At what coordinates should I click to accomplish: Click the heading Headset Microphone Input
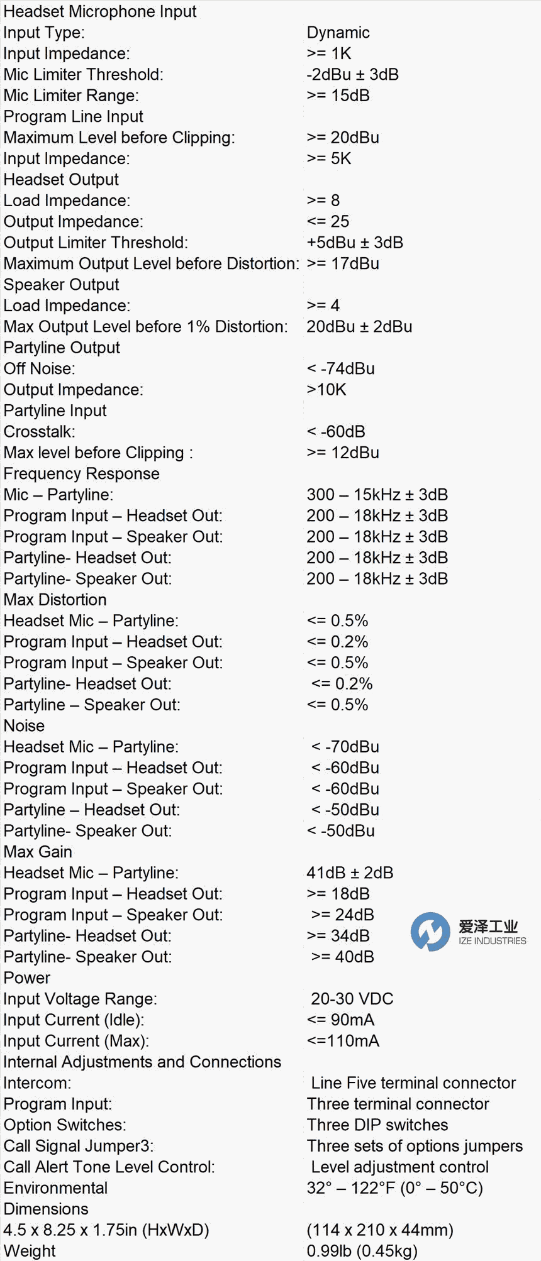pos(100,11)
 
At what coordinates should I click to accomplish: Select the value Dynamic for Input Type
pos(338,33)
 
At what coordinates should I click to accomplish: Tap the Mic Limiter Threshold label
pos(83,74)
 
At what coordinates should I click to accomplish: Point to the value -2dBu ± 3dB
pos(352,74)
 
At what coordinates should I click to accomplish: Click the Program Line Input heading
pos(73,116)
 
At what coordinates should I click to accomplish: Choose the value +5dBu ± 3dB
pos(355,243)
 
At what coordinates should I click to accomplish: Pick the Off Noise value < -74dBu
pos(340,368)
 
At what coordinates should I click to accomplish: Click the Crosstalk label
pos(39,431)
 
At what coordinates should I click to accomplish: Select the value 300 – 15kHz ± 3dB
pos(377,495)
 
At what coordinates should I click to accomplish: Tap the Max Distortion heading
pos(55,600)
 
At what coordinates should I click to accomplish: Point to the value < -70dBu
pos(345,747)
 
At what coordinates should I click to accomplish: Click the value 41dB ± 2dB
pos(350,873)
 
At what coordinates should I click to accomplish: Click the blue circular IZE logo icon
pos(430,931)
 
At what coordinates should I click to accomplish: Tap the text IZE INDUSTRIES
pos(492,941)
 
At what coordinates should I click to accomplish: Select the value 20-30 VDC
pos(352,999)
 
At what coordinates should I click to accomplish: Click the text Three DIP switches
pos(377,1125)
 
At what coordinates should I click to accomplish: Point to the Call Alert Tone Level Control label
pos(109,1167)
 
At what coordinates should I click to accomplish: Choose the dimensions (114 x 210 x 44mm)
pos(380,1230)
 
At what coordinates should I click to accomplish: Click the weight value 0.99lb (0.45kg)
pos(362,1251)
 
